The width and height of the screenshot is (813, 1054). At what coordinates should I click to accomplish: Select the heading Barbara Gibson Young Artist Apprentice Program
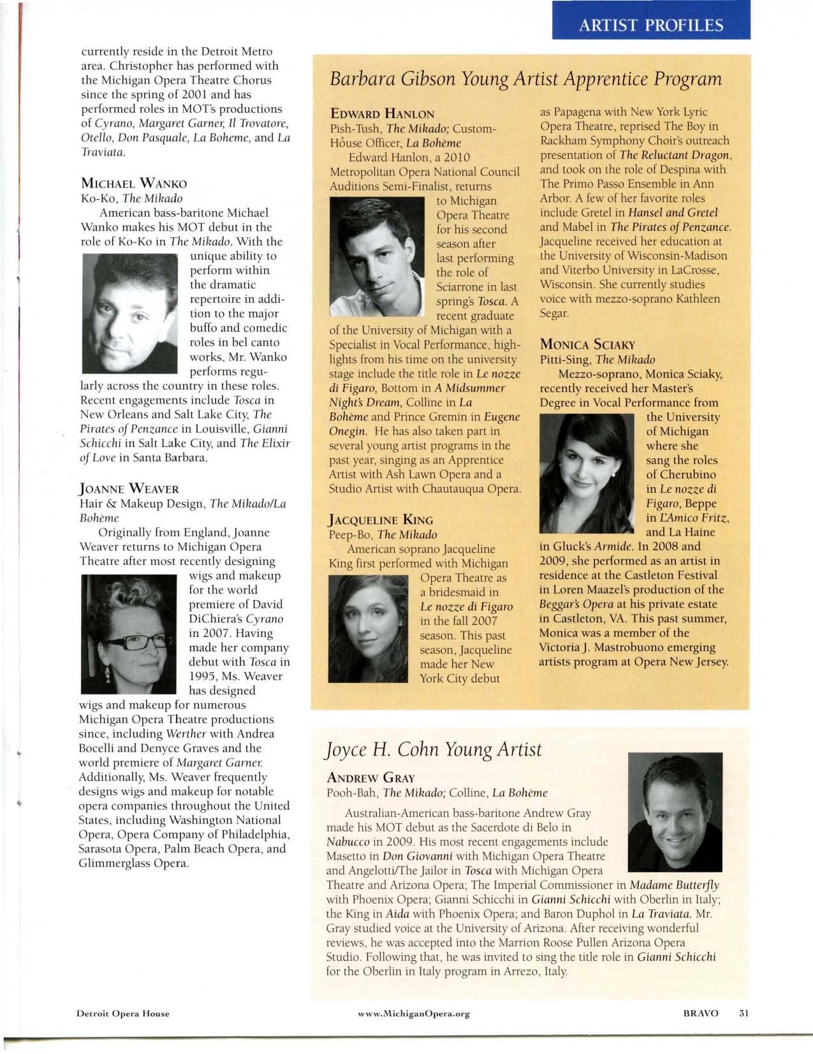point(525,80)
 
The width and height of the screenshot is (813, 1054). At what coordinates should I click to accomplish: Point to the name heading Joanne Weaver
point(129,489)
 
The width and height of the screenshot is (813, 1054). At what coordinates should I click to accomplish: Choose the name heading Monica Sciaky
point(587,345)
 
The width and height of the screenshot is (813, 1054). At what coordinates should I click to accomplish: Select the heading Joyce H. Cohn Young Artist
point(434,750)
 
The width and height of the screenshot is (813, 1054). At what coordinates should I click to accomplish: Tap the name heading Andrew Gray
point(370,778)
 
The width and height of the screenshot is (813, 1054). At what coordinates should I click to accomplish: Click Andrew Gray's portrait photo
point(675,811)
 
